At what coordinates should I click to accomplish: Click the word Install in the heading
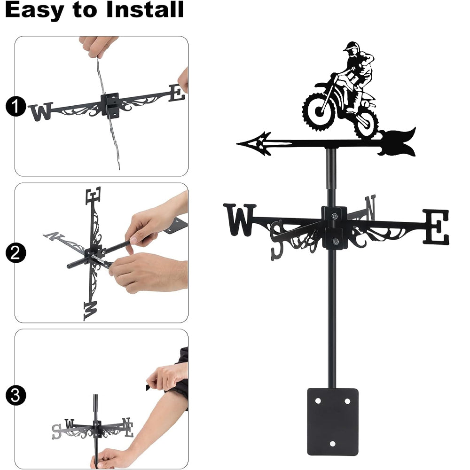[145, 9]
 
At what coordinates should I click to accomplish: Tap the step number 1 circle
[16, 106]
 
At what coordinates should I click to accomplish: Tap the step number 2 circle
[16, 253]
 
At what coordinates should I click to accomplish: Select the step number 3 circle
[16, 395]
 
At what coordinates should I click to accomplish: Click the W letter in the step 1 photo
[40, 111]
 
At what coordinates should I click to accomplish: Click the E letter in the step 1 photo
[177, 93]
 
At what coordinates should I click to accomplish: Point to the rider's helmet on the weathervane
[351, 47]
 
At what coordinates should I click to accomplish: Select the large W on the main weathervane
[240, 219]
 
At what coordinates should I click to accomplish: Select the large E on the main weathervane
[437, 227]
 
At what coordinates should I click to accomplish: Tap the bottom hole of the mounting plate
[332, 444]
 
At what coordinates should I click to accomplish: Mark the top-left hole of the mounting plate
[318, 401]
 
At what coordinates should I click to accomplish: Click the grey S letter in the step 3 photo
[56, 431]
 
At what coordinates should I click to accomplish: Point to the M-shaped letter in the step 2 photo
[91, 311]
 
